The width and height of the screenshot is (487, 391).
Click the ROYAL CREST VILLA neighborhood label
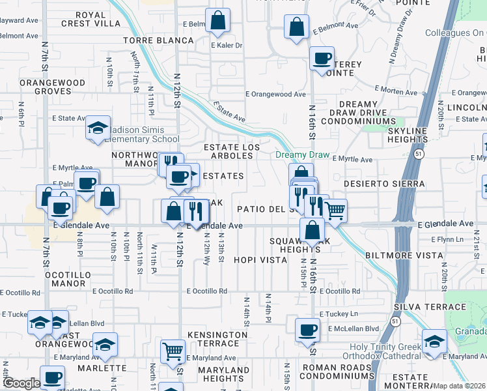(x=91, y=19)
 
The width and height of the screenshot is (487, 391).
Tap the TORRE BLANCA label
(x=158, y=40)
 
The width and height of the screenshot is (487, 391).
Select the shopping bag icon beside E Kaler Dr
(x=217, y=21)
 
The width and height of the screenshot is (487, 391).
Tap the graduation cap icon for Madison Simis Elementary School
(x=98, y=128)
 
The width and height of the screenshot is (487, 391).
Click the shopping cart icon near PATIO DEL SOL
(x=335, y=210)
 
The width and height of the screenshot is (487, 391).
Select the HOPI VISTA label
(x=260, y=260)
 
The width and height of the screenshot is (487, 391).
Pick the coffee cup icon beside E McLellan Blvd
(x=307, y=329)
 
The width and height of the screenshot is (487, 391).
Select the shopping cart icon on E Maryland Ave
(x=173, y=351)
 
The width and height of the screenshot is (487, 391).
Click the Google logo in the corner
(x=21, y=383)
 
